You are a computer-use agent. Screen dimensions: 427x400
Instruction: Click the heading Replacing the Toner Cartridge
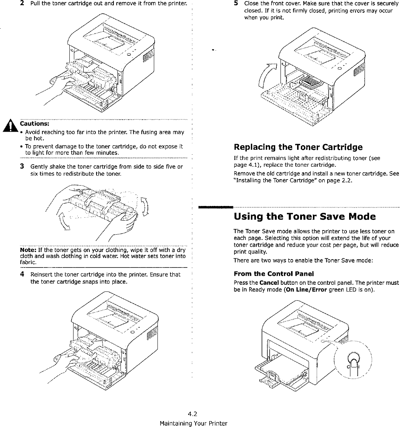coord(298,147)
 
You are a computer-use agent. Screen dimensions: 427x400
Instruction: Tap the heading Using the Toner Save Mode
coord(305,217)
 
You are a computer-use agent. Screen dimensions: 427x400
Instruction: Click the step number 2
coord(23,4)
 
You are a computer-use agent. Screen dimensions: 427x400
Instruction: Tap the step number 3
coord(23,166)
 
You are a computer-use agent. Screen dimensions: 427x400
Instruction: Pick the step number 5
coord(236,3)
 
